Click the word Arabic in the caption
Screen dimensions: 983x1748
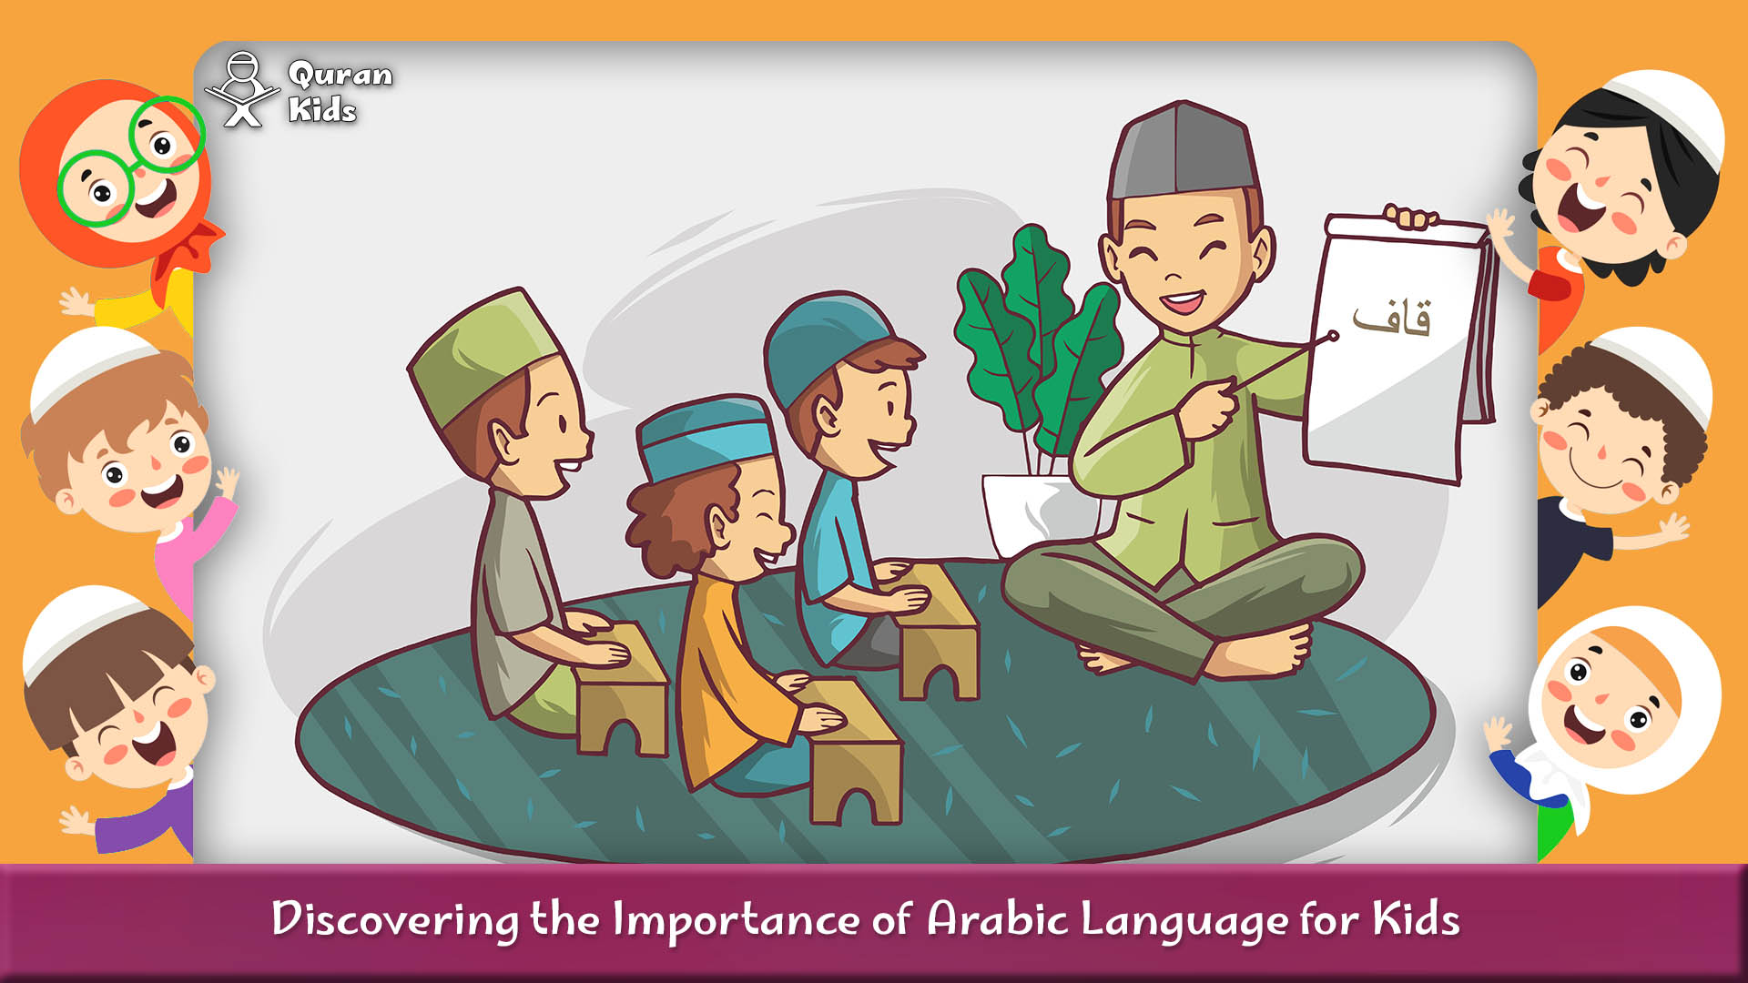coord(996,919)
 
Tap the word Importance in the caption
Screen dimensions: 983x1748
coord(735,919)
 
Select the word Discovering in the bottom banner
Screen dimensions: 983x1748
coord(394,919)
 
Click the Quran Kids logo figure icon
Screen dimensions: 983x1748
coord(242,89)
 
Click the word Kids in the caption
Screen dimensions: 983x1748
coord(1416,919)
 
